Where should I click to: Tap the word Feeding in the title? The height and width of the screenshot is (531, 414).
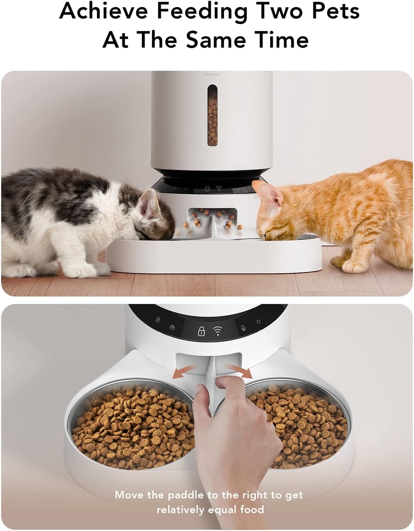point(202,12)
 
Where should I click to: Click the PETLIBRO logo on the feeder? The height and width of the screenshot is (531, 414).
point(212,74)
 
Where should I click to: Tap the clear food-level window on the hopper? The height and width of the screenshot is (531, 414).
point(212,116)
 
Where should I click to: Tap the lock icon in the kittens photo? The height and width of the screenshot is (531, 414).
point(207,189)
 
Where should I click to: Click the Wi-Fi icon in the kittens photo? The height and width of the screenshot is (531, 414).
point(219,189)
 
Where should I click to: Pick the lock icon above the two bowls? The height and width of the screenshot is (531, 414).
point(201,331)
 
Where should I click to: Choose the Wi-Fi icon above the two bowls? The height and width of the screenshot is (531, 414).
point(218,331)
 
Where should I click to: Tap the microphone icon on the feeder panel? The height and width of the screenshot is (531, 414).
point(243,328)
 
